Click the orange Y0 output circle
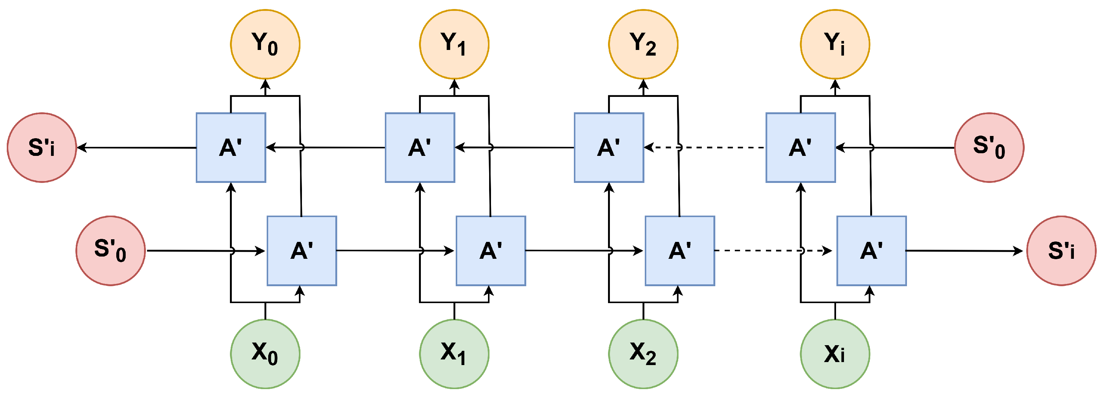(x=265, y=44)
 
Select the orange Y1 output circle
(x=454, y=44)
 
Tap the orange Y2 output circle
(x=643, y=44)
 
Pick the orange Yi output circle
(x=835, y=44)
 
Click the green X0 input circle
(x=265, y=354)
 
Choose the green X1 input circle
(x=454, y=354)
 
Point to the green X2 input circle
(x=643, y=354)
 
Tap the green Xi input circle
(x=835, y=354)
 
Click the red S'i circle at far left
(x=42, y=147)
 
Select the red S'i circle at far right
(x=1061, y=251)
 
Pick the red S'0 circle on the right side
(x=989, y=147)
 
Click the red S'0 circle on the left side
(x=110, y=251)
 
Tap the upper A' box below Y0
(x=231, y=147)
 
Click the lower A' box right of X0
(x=302, y=251)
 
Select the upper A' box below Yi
(x=800, y=147)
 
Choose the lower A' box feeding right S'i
(x=871, y=251)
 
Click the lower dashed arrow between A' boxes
(x=770, y=251)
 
